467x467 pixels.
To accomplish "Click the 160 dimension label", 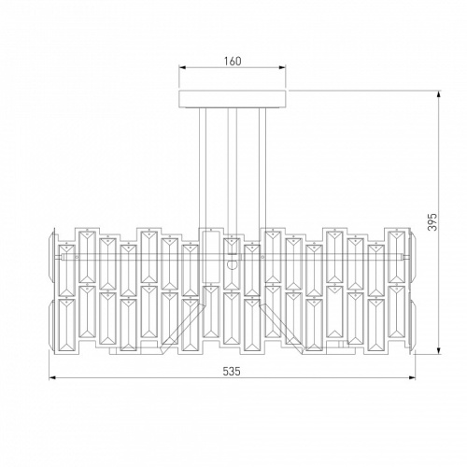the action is pos(233,61).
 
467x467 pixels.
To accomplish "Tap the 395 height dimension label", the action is pos(432,222).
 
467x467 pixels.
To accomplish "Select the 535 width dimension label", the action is pos(232,371).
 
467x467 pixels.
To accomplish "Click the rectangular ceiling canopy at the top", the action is pos(233,99).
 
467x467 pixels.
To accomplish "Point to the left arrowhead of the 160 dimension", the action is pos(182,67).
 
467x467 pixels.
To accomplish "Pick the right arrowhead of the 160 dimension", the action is pos(282,67).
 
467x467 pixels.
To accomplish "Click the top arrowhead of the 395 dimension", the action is pos(439,94).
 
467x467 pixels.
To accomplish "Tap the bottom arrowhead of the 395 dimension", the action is pos(439,351).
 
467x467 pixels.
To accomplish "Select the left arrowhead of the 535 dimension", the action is pos(52,378).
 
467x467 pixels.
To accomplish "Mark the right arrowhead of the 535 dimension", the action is pos(412,378).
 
